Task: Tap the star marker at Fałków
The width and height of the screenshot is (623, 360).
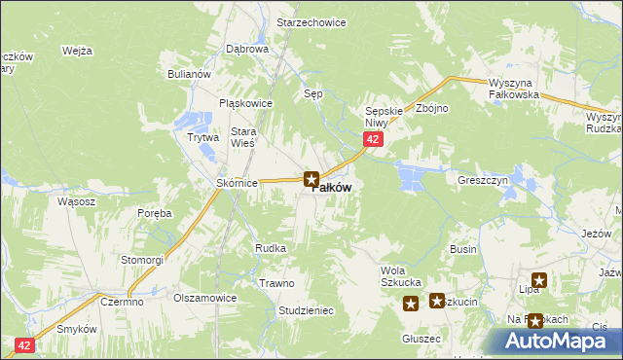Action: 311,178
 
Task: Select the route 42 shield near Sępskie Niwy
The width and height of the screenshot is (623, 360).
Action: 373,141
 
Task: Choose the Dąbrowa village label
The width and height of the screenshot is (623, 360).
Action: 246,48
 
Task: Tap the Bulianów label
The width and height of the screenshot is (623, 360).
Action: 189,74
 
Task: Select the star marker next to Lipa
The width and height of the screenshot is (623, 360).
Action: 538,281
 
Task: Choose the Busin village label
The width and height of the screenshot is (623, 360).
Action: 463,250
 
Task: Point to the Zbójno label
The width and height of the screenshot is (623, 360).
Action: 431,108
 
